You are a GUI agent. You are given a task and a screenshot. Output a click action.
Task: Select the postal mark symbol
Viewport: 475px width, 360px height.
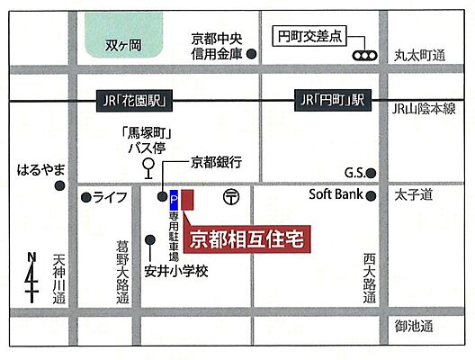[231, 195]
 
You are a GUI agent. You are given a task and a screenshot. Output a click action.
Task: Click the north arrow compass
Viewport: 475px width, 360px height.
[32, 278]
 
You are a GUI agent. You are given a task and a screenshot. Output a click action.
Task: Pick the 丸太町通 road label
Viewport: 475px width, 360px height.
[420, 56]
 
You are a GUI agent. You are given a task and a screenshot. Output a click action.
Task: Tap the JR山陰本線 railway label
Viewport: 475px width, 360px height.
[424, 108]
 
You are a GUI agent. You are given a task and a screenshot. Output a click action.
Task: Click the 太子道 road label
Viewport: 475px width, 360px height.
[414, 193]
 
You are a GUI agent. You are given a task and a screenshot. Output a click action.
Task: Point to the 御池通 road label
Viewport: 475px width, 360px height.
[414, 325]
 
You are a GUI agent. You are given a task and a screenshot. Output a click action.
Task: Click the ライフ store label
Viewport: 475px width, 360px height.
[110, 196]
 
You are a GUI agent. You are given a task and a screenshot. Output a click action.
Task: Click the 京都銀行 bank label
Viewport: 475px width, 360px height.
[217, 162]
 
